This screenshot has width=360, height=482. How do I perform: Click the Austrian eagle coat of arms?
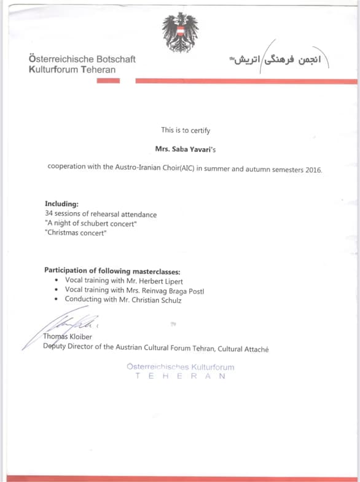point(180,32)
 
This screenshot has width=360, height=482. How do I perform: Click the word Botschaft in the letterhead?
point(115,59)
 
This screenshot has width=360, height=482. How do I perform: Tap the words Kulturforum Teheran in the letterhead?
point(72,69)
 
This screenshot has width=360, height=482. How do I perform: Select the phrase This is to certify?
point(186,130)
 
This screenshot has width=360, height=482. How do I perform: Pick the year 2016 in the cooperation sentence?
point(313,169)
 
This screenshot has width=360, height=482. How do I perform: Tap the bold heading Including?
point(62,204)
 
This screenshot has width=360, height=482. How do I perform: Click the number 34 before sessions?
point(50,214)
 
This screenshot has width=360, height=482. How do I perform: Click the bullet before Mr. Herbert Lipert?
point(57,280)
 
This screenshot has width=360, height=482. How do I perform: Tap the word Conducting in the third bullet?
point(84,300)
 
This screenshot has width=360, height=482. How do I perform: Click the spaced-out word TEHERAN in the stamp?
point(181,376)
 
